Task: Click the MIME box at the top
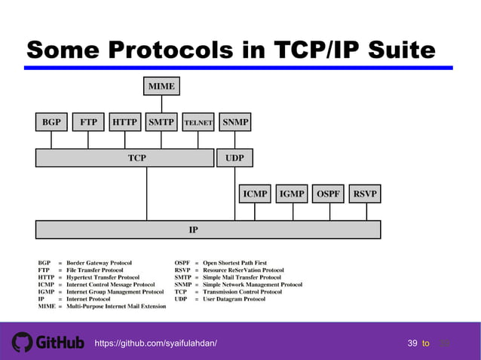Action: tap(161, 87)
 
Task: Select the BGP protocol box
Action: tap(51, 121)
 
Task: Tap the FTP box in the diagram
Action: tap(88, 121)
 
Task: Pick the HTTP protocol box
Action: tap(124, 121)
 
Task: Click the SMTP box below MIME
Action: tap(161, 121)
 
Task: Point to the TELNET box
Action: tap(198, 121)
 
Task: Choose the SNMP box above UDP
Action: tap(235, 121)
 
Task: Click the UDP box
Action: tap(235, 158)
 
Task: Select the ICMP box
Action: tap(255, 194)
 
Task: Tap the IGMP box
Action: tap(292, 194)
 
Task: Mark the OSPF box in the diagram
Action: tap(328, 194)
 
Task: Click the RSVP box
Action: tap(365, 194)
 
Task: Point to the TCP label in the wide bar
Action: tap(137, 158)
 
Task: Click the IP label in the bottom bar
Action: tap(194, 230)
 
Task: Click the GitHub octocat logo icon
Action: tap(21, 342)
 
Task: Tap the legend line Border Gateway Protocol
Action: tap(98, 264)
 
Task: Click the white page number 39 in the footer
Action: tap(412, 343)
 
